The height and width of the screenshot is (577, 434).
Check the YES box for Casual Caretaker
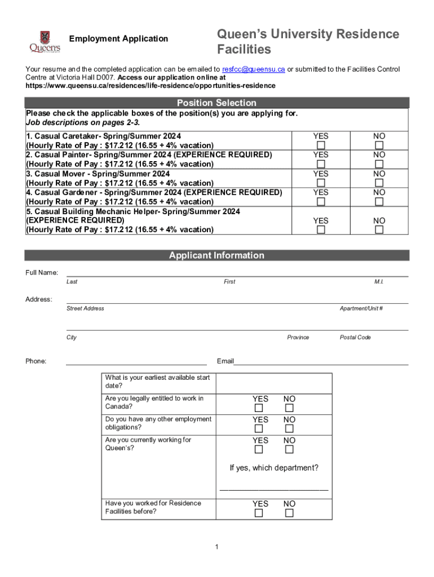(x=321, y=145)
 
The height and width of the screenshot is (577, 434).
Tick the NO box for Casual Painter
(x=379, y=164)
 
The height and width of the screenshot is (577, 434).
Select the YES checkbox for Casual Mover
(x=321, y=183)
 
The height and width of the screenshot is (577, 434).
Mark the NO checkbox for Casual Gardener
(x=379, y=202)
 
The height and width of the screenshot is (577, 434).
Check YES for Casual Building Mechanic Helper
(x=321, y=230)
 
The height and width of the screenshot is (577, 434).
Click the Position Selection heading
(x=216, y=103)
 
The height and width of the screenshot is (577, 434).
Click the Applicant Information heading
(x=216, y=255)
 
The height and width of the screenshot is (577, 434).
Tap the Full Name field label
(x=42, y=273)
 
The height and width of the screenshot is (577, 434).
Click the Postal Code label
(x=355, y=338)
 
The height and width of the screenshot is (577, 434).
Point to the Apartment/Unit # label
(x=361, y=308)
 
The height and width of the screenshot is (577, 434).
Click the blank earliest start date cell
(x=274, y=383)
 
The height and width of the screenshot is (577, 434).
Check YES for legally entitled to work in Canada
(x=259, y=408)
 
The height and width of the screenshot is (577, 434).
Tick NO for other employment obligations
(x=289, y=429)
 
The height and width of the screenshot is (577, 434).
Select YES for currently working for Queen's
(x=259, y=450)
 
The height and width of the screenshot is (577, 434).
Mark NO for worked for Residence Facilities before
(x=289, y=513)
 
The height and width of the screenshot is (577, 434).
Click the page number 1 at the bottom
(x=216, y=547)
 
